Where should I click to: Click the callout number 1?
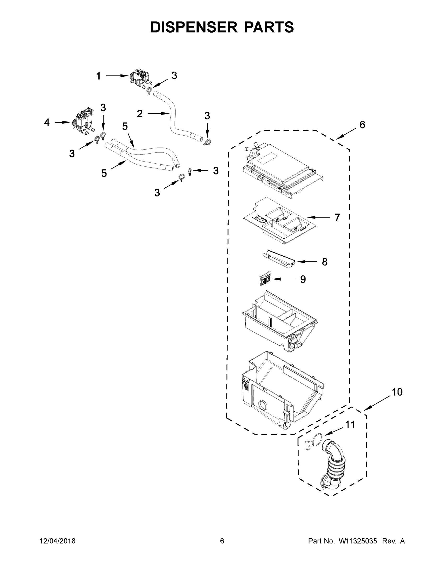pyautogui.click(x=98, y=76)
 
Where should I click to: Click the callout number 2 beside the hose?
pyautogui.click(x=140, y=114)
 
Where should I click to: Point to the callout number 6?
pyautogui.click(x=362, y=125)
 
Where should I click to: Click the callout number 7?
pyautogui.click(x=337, y=218)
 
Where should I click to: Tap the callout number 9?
pyautogui.click(x=303, y=279)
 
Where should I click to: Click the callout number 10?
pyautogui.click(x=397, y=392)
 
